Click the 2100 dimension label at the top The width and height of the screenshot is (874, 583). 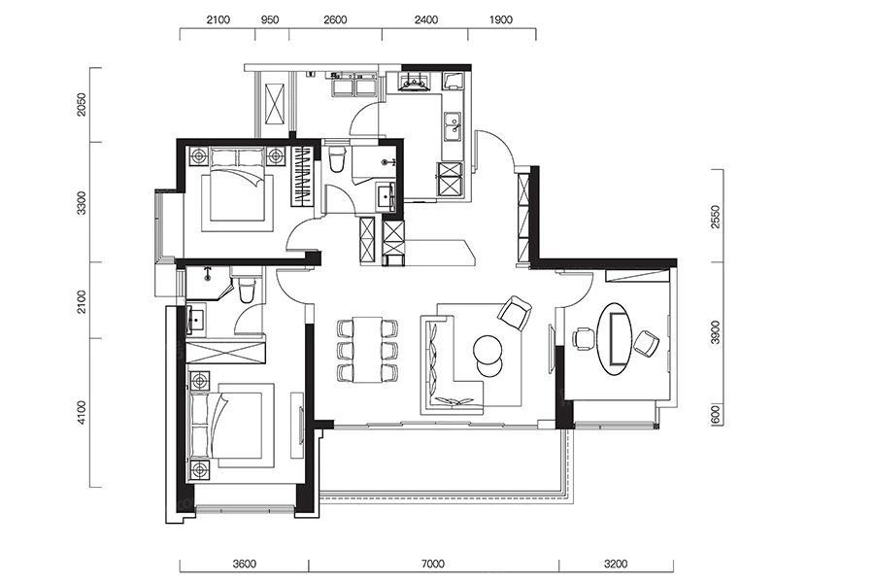tap(218, 20)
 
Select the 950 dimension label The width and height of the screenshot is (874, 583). tap(270, 20)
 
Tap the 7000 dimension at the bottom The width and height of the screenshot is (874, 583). tap(432, 564)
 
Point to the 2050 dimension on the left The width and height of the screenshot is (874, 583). tap(82, 105)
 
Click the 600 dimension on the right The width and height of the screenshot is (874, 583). tap(717, 415)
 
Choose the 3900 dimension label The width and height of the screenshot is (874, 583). tap(717, 332)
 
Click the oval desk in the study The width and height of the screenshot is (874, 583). tap(615, 338)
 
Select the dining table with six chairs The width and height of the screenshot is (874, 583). tap(367, 349)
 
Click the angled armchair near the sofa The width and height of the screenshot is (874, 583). tap(515, 313)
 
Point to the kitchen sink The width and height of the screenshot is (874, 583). tap(452, 126)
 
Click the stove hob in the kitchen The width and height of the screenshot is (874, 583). tap(413, 82)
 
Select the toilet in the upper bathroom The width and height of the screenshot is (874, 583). tap(337, 159)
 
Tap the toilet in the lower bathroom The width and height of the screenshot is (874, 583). tap(247, 288)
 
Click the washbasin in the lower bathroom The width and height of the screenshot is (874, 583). tap(195, 319)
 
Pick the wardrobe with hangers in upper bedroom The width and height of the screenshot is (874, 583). tap(303, 176)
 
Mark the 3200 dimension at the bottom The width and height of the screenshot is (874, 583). tap(616, 564)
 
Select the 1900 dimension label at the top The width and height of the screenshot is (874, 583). tap(500, 20)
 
